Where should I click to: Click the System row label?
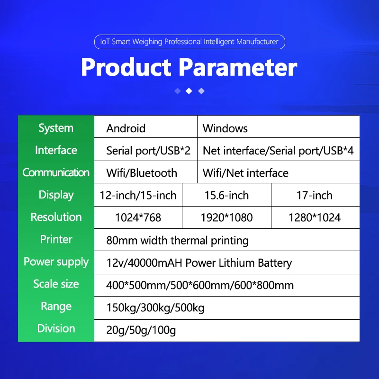[56, 128]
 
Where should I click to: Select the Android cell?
[126, 128]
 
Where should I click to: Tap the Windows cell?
[225, 128]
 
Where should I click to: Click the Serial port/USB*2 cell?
[148, 151]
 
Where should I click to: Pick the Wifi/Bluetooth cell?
[142, 173]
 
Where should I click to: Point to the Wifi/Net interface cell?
[245, 173]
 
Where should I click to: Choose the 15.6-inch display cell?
[226, 195]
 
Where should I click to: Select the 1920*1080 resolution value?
[226, 217]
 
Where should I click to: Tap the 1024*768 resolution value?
[138, 217]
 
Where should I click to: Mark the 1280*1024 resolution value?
[315, 217]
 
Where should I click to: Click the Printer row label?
[56, 239]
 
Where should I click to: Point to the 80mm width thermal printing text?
[178, 240]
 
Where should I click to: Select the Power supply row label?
[56, 262]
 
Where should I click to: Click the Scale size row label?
[56, 284]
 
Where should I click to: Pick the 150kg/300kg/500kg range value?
[155, 308]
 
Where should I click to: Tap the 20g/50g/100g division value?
[141, 330]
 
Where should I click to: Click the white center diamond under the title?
[189, 91]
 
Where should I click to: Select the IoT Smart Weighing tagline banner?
[189, 42]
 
